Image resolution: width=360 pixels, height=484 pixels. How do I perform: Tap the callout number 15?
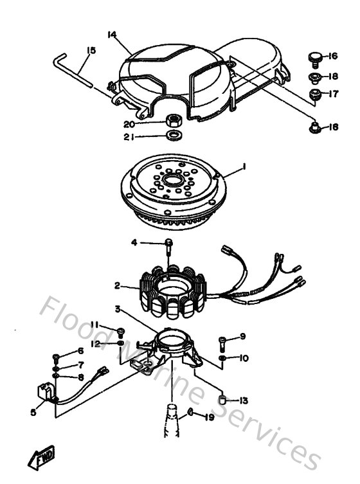[89, 49]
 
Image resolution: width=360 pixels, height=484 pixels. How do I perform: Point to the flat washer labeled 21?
[173, 136]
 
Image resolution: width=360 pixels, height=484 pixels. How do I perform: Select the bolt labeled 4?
[168, 244]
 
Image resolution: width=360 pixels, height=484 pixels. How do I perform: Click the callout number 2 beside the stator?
[118, 285]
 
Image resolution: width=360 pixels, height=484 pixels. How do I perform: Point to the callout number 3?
[117, 310]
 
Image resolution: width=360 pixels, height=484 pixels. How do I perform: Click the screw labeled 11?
[120, 332]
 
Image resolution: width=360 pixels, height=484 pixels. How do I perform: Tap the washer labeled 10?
[222, 357]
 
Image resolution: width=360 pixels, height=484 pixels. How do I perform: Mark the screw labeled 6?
[57, 354]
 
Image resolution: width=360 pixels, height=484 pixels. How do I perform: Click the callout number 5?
[33, 413]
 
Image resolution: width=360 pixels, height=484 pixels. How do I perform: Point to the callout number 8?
[80, 377]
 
